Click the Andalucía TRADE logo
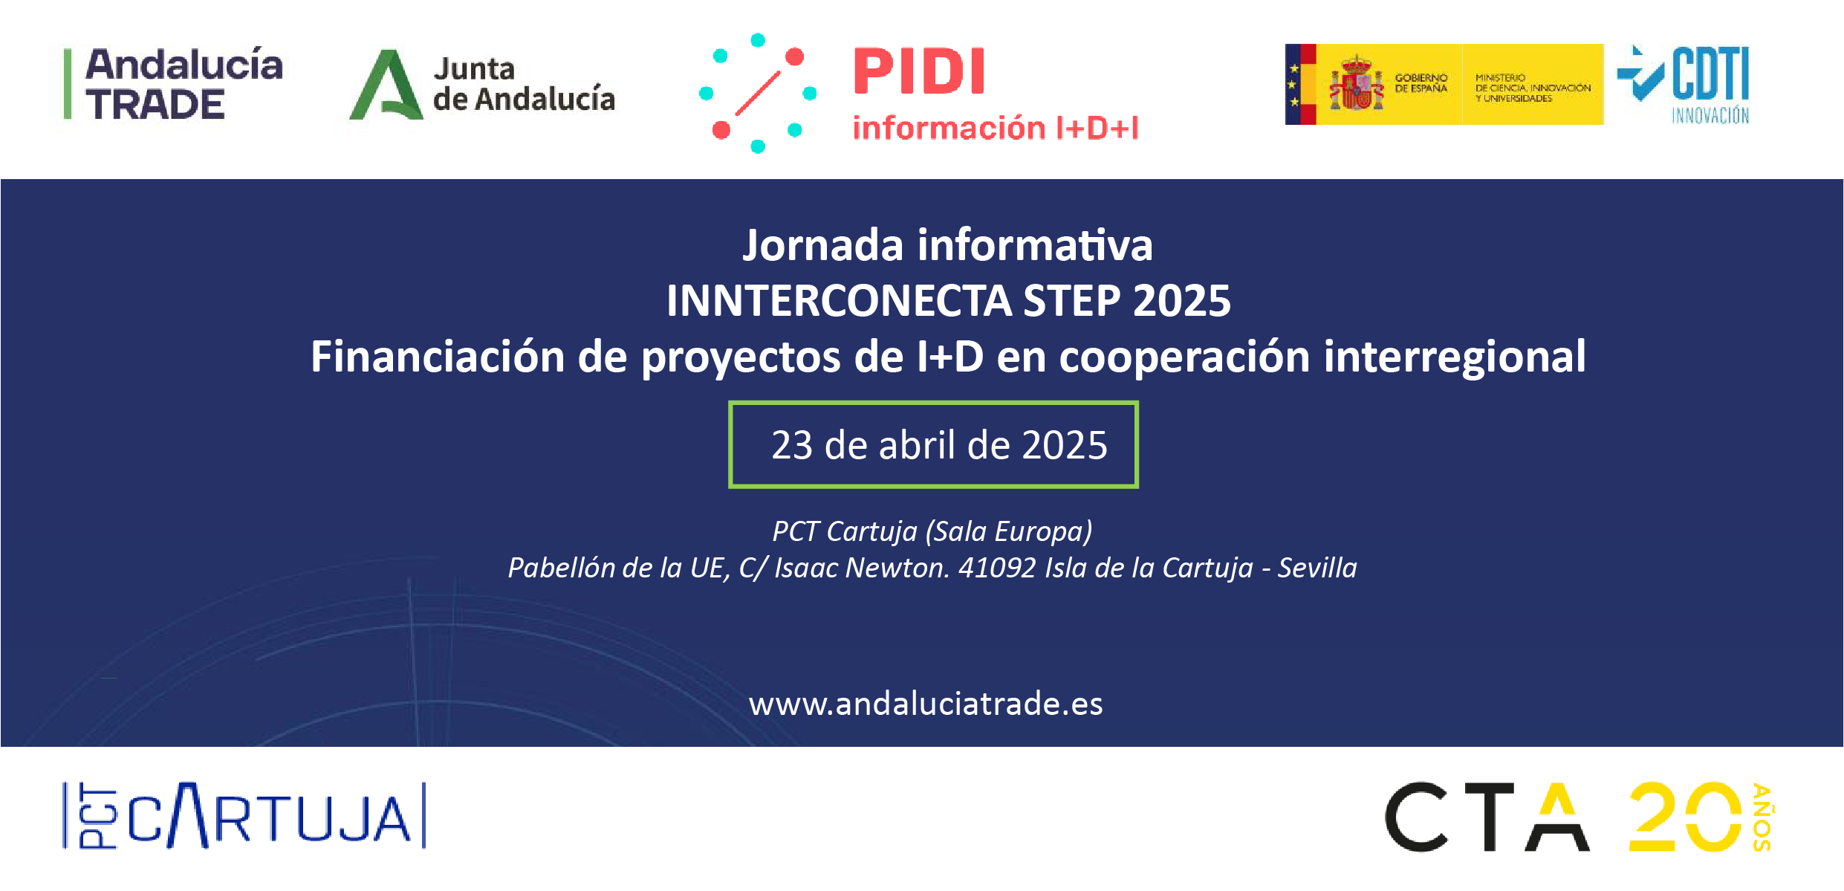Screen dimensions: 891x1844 click(x=175, y=83)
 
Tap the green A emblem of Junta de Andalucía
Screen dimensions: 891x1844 click(x=386, y=85)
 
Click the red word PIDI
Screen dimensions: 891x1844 click(x=919, y=72)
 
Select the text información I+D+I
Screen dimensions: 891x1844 click(x=995, y=128)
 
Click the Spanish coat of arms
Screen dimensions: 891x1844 click(x=1357, y=84)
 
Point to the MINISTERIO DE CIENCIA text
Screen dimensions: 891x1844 click(x=1532, y=88)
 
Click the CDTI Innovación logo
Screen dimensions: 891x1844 click(x=1686, y=83)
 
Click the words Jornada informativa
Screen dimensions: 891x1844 click(x=947, y=245)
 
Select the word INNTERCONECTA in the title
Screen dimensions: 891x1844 click(x=839, y=301)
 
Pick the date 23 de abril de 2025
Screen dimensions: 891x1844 click(x=938, y=445)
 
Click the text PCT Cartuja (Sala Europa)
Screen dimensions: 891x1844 click(x=932, y=531)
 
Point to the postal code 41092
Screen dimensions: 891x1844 click(x=996, y=568)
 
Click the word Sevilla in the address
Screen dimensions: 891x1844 click(x=1317, y=568)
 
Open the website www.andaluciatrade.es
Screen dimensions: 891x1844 click(x=925, y=704)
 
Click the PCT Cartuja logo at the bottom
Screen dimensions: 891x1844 click(x=245, y=816)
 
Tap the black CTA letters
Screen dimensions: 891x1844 click(x=1486, y=817)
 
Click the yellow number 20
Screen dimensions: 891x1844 click(x=1684, y=817)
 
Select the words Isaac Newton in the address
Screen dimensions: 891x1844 click(x=861, y=568)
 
